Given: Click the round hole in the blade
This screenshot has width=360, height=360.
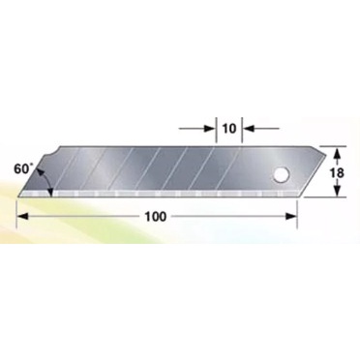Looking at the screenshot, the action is coord(282,175).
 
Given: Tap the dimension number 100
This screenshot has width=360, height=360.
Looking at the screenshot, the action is coord(155,217).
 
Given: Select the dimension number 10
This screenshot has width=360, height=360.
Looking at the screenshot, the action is coord(229,129).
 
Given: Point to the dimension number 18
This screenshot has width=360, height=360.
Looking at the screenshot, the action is coord(337,173).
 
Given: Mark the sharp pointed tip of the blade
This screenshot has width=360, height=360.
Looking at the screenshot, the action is coord(18,195).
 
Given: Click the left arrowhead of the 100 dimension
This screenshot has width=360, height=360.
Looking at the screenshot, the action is coord(22,217).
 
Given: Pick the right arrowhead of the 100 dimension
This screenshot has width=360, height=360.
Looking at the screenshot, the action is coord(291,217).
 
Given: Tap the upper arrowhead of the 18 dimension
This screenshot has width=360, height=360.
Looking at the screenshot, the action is coord(337,153).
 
